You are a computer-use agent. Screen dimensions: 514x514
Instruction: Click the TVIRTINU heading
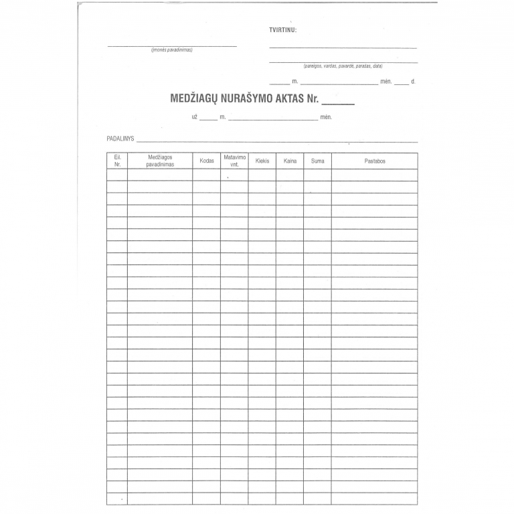click(282, 30)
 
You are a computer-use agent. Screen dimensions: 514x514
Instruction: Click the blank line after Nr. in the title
click(339, 102)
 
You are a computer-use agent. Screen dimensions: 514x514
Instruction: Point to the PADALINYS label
click(120, 139)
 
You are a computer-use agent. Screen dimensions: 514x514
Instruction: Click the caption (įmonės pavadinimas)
click(172, 50)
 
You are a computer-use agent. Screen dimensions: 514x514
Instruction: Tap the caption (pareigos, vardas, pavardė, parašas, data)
click(343, 66)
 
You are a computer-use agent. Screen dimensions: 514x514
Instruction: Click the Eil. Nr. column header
click(117, 161)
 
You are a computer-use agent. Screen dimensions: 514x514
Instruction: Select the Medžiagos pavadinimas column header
click(160, 161)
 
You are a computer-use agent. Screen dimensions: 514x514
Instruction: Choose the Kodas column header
click(207, 161)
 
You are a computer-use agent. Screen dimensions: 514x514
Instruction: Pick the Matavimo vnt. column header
click(234, 161)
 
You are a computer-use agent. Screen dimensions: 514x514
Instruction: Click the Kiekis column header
click(262, 161)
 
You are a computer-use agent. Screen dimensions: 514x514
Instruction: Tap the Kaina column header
click(290, 161)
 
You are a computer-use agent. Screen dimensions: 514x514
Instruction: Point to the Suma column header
click(317, 161)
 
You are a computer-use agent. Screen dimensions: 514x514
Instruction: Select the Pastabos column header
click(375, 161)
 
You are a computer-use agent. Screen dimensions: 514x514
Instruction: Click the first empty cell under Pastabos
click(375, 175)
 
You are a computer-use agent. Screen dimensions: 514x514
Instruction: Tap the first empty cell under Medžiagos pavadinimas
click(160, 175)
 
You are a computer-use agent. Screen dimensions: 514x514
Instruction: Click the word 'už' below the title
click(195, 117)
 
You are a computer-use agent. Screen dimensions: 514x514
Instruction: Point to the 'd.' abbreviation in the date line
click(413, 82)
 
